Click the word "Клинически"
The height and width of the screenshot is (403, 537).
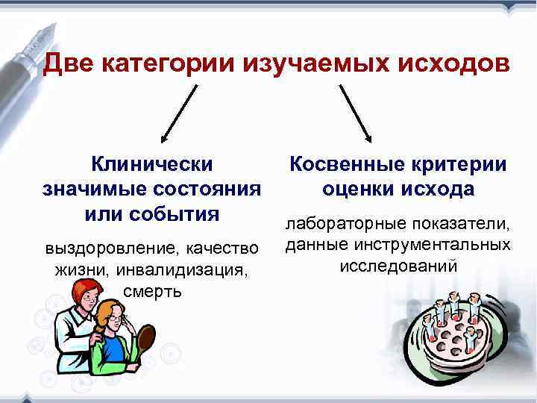[x=151, y=163]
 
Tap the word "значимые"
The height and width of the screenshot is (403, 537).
[x=91, y=188]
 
